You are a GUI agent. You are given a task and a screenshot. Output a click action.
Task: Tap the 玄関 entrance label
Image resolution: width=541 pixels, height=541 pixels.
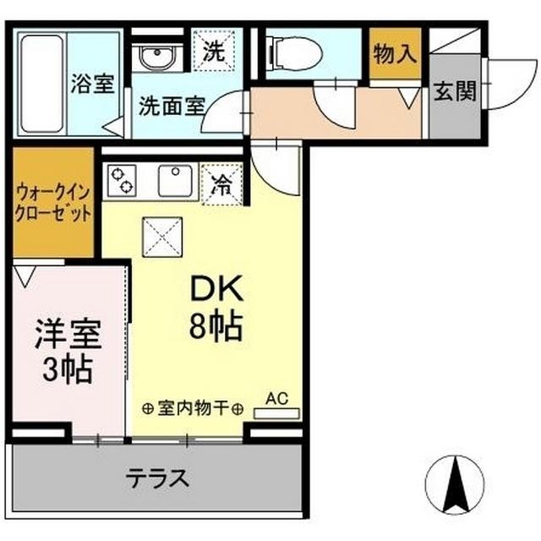454,91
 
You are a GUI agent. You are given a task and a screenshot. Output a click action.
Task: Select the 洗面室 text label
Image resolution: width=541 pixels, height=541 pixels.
172,107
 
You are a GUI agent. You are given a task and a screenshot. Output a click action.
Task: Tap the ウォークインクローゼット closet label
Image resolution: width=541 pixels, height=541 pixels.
52,204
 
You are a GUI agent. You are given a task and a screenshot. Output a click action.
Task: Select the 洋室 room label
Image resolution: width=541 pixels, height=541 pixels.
68,334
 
